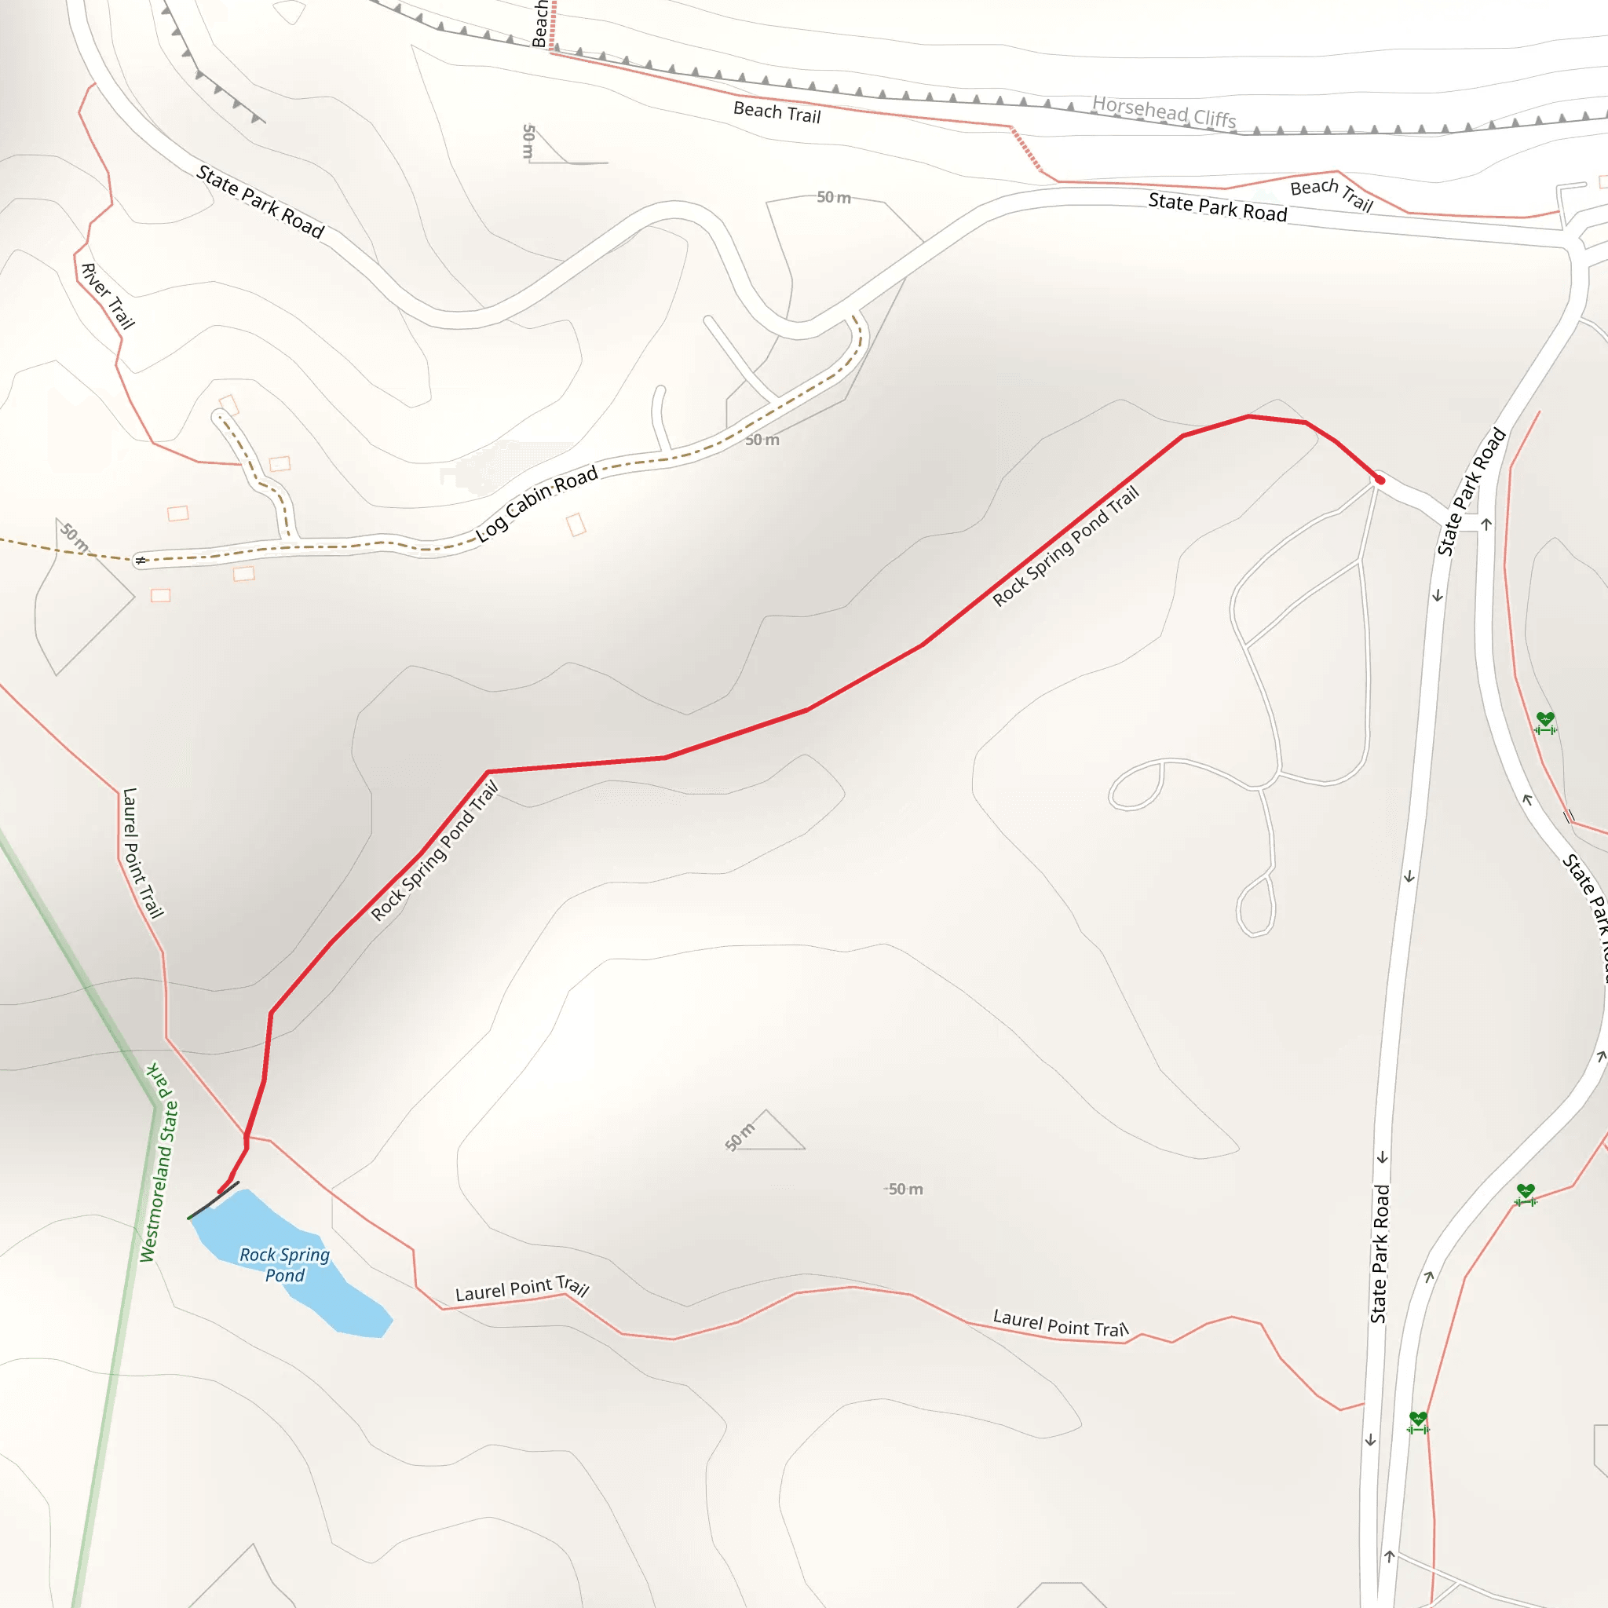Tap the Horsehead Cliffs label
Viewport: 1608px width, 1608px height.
pos(1164,111)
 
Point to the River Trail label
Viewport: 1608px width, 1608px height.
pos(108,295)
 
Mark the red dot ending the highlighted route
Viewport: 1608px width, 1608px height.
pos(1379,481)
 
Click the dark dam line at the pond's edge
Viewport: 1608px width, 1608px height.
pos(213,1201)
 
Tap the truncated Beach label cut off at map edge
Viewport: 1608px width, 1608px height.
pos(539,24)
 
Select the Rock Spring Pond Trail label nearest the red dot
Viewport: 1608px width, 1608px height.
pos(1065,546)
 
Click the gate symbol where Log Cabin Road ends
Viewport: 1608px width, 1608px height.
pos(141,560)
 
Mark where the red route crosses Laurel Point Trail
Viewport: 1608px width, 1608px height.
pos(247,1136)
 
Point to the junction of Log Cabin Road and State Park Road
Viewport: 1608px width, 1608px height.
pos(854,316)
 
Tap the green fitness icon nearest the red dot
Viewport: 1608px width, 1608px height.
pos(1544,722)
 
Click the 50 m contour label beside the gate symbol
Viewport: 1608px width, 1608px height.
pos(75,537)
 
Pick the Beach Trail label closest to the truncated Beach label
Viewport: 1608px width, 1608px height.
pos(777,111)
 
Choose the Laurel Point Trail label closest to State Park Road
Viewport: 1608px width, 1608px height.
pos(1060,1323)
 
